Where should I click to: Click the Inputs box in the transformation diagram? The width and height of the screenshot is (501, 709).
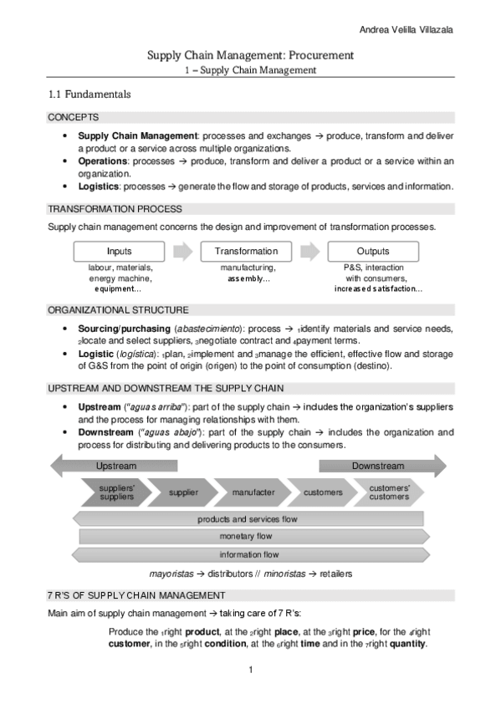click(x=119, y=251)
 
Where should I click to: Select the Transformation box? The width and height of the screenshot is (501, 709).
click(x=246, y=251)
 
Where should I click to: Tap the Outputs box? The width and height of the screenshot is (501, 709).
click(x=373, y=251)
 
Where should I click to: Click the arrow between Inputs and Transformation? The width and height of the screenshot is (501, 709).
click(x=182, y=251)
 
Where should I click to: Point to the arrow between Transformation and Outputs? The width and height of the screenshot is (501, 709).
click(x=309, y=251)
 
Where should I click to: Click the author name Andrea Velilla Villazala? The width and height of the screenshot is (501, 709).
click(x=406, y=30)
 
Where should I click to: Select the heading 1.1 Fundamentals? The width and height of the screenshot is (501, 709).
click(x=89, y=94)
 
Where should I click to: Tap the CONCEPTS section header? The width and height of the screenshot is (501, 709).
click(x=74, y=118)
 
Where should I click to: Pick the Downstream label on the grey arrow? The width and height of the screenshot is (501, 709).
click(x=377, y=466)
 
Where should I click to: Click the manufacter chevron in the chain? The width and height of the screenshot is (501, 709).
click(x=253, y=492)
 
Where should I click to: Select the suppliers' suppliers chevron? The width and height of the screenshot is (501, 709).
click(x=116, y=492)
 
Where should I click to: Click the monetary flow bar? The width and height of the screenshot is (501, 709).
click(x=248, y=537)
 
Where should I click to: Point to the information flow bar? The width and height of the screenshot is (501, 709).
click(x=248, y=554)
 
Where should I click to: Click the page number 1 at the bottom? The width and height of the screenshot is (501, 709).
click(x=250, y=670)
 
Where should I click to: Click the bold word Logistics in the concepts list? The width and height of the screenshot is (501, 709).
click(x=99, y=186)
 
